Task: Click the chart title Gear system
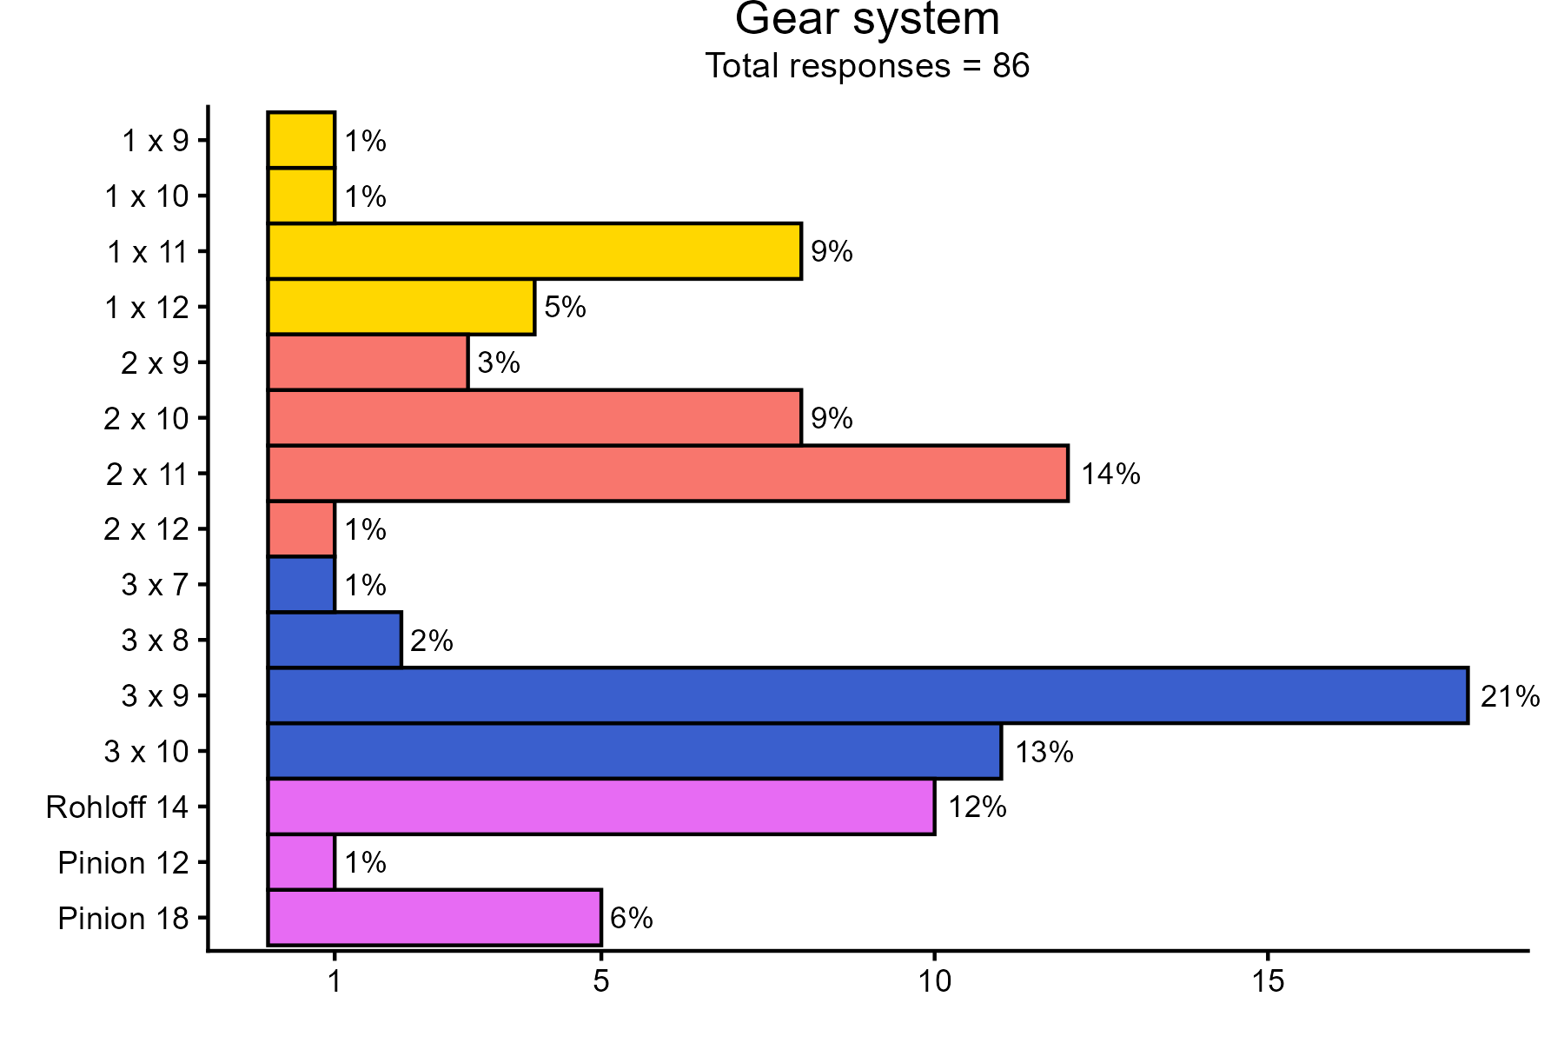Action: pyautogui.click(x=867, y=19)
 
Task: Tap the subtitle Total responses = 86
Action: pyautogui.click(x=867, y=66)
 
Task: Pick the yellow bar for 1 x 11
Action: pyautogui.click(x=534, y=251)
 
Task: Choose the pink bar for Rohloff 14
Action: pyautogui.click(x=601, y=807)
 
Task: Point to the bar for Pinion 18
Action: pyautogui.click(x=434, y=918)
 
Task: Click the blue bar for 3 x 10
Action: pyautogui.click(x=634, y=751)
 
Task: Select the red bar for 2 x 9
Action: pyautogui.click(x=368, y=362)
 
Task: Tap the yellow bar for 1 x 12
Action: pyautogui.click(x=401, y=307)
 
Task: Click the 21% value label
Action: pyautogui.click(x=1510, y=696)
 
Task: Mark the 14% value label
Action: pyautogui.click(x=1110, y=475)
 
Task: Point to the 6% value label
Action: pyautogui.click(x=632, y=918)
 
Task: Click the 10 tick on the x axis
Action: pyautogui.click(x=934, y=982)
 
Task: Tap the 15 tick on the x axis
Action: pyautogui.click(x=1268, y=982)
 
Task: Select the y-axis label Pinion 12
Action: pyautogui.click(x=123, y=863)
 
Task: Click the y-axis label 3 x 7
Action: pyautogui.click(x=155, y=585)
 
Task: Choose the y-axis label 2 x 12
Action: pyautogui.click(x=146, y=529)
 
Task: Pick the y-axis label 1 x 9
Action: pyautogui.click(x=155, y=141)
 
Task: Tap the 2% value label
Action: pyautogui.click(x=432, y=641)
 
